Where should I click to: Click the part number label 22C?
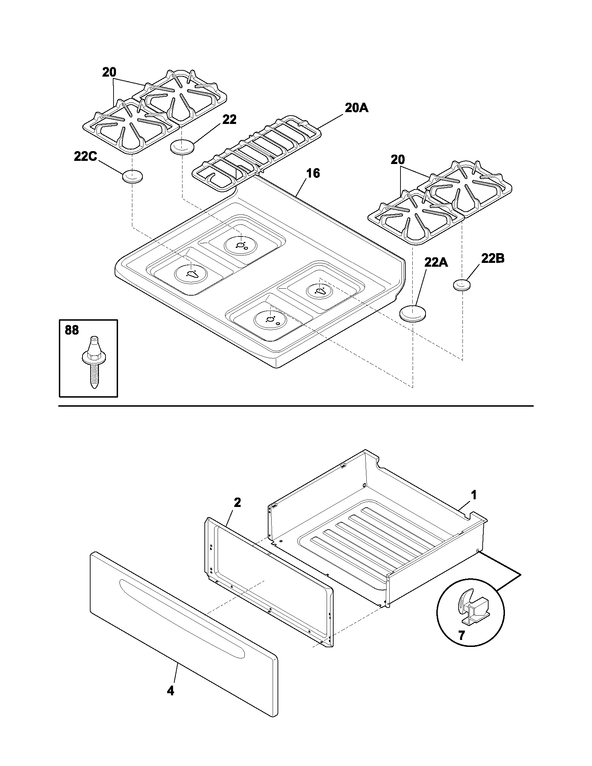coord(85,156)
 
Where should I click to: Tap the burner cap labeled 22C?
coord(132,176)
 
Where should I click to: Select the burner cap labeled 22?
coord(182,146)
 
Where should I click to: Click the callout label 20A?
coord(356,108)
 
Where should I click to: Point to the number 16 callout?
coord(313,173)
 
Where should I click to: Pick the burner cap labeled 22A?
coord(413,313)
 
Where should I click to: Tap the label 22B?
coord(492,259)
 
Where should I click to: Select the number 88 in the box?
coord(72,330)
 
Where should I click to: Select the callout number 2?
coord(237,502)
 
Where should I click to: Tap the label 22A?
coord(436,262)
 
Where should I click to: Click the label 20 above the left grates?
coord(109,73)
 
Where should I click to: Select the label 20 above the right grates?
coord(398,160)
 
